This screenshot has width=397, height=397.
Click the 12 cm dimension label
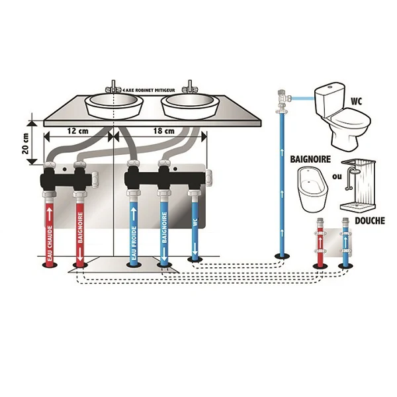pyautogui.click(x=78, y=130)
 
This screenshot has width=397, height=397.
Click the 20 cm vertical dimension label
pyautogui.click(x=26, y=143)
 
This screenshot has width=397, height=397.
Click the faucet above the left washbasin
pyautogui.click(x=114, y=86)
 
